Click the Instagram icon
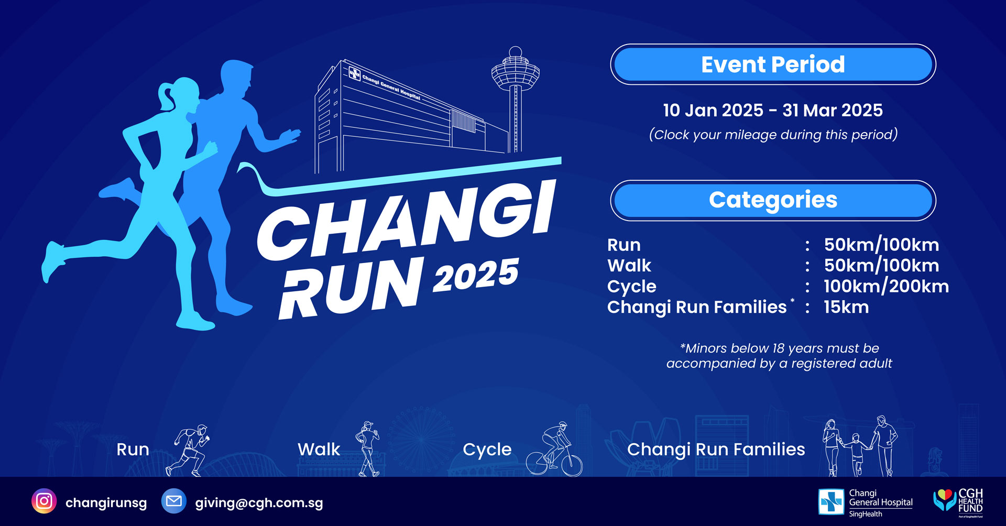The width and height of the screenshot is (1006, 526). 44,501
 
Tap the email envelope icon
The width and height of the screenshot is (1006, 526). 174,501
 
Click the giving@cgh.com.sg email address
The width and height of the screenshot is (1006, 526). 259,503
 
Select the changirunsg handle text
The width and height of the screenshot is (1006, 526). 106,503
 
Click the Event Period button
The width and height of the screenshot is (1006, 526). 773,64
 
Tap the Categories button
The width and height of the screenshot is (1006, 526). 773,200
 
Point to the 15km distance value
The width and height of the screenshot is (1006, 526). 846,307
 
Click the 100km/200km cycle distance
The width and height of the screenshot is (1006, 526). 886,286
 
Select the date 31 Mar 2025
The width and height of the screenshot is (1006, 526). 833,110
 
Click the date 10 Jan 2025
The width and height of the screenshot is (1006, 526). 713,110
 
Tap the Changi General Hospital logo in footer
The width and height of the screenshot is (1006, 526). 866,503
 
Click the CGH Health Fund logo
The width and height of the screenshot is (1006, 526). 958,502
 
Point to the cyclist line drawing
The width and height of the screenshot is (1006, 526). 554,449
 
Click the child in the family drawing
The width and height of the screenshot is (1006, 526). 856,454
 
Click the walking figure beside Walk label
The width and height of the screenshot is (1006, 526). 368,449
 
